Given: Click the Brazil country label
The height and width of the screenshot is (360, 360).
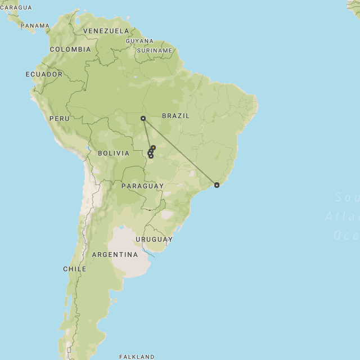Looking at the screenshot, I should point(175,116).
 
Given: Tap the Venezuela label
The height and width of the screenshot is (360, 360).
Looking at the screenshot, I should point(106,31).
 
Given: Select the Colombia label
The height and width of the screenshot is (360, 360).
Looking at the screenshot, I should point(70,49).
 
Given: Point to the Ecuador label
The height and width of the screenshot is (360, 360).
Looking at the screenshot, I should point(44,74).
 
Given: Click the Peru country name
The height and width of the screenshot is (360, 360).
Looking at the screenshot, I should point(60,119).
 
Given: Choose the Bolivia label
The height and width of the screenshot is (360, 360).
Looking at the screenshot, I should point(114,153).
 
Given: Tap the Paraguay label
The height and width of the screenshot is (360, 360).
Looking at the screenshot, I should point(142,186).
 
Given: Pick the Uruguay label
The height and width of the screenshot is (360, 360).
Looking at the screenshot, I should point(154,239).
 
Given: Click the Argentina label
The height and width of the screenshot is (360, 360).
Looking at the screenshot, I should point(115,255).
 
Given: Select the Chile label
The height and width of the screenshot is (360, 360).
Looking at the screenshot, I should point(75,269).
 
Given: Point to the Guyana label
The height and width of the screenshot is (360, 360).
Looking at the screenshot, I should point(139,41).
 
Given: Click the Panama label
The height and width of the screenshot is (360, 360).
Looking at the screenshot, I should point(35,26).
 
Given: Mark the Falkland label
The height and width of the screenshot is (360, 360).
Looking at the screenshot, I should point(137,357).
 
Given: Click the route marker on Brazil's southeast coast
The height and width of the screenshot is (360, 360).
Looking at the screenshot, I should point(217,184).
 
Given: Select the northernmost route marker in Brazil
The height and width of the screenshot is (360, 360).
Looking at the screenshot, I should point(143,118).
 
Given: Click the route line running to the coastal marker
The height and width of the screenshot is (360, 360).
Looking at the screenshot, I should point(180,151).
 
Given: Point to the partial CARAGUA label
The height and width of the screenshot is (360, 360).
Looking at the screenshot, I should point(16,8).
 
